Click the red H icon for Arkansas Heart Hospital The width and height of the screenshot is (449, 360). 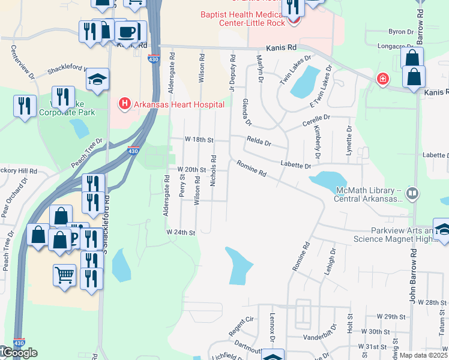coord(125,104)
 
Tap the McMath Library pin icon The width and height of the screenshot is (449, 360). coord(412,193)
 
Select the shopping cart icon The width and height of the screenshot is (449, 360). coord(64,275)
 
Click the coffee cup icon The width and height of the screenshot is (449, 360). coord(126,32)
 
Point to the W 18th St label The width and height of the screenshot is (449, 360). coord(199,139)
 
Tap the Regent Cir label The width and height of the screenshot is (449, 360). coord(243,328)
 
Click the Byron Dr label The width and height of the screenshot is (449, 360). coord(402,31)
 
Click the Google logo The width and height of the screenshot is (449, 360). coord(18,353)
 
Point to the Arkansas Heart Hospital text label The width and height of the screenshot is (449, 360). coord(179,104)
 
